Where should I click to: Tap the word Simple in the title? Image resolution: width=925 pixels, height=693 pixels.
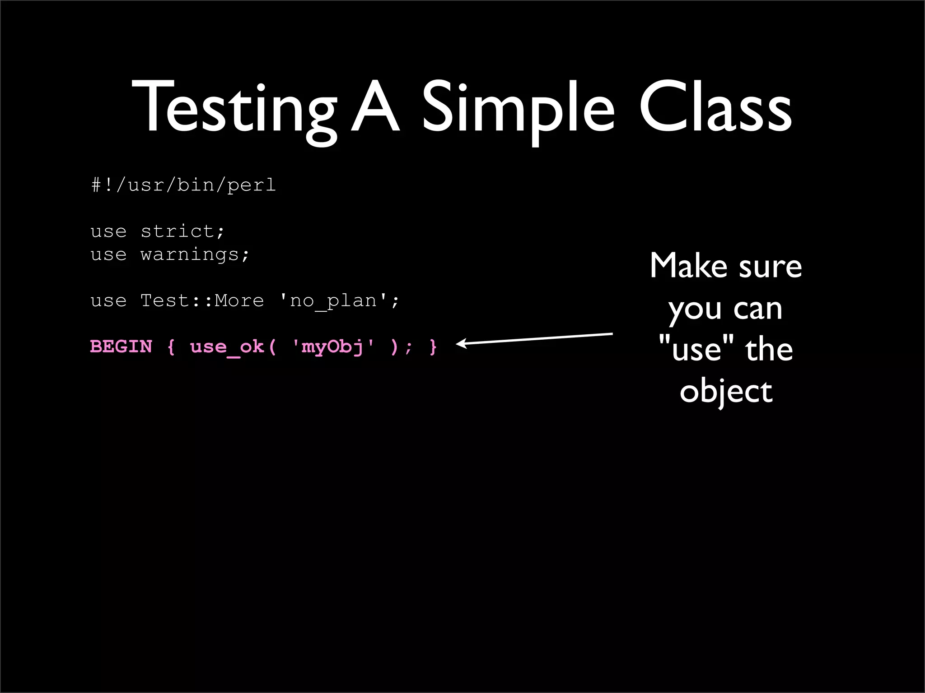(x=518, y=108)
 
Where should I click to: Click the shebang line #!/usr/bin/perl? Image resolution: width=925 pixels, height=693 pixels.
(x=183, y=185)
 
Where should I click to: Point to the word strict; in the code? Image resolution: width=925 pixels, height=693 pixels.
(x=182, y=231)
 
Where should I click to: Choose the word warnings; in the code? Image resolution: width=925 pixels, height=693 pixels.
(x=195, y=254)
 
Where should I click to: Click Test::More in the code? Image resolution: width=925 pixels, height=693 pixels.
(x=202, y=300)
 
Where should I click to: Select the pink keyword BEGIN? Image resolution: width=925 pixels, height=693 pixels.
(x=121, y=346)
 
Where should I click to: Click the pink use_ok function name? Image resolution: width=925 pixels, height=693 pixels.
(x=227, y=347)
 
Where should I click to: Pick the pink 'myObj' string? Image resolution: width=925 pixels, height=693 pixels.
(x=334, y=346)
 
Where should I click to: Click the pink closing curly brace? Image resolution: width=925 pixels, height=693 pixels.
(x=433, y=346)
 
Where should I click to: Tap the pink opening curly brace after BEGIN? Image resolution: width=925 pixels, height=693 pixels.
(x=171, y=346)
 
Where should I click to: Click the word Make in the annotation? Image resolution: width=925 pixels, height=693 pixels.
(x=689, y=266)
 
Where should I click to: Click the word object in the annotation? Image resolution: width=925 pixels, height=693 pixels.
(x=726, y=392)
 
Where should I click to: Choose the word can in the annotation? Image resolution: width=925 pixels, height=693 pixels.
(x=757, y=309)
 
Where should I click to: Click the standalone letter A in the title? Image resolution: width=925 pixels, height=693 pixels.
(x=375, y=108)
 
